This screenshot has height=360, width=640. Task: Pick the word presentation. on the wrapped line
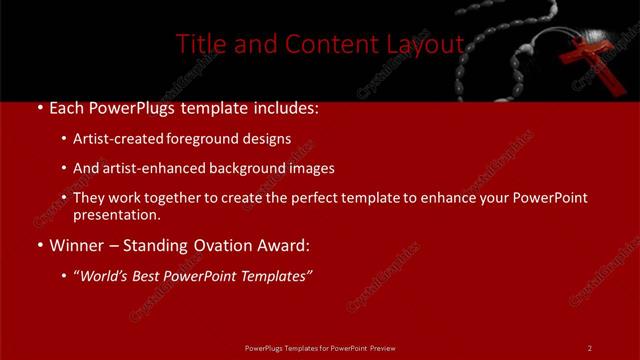[x=117, y=215]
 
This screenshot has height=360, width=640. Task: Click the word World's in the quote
[x=104, y=275]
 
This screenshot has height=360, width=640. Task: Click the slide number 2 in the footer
[x=589, y=347]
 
